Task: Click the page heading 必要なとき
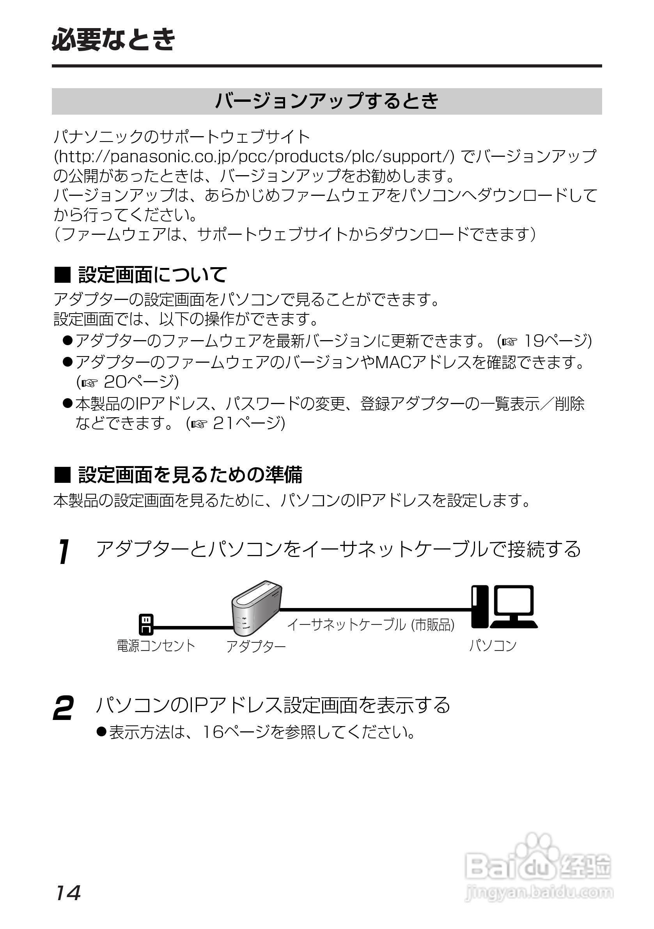coord(114,40)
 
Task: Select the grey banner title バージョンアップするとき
coord(326,101)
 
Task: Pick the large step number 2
coord(64,708)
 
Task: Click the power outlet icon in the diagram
coord(146,624)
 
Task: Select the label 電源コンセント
coord(156,645)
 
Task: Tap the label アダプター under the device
coord(256,646)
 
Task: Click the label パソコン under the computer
coord(493,645)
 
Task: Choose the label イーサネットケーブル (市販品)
coord(371,625)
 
